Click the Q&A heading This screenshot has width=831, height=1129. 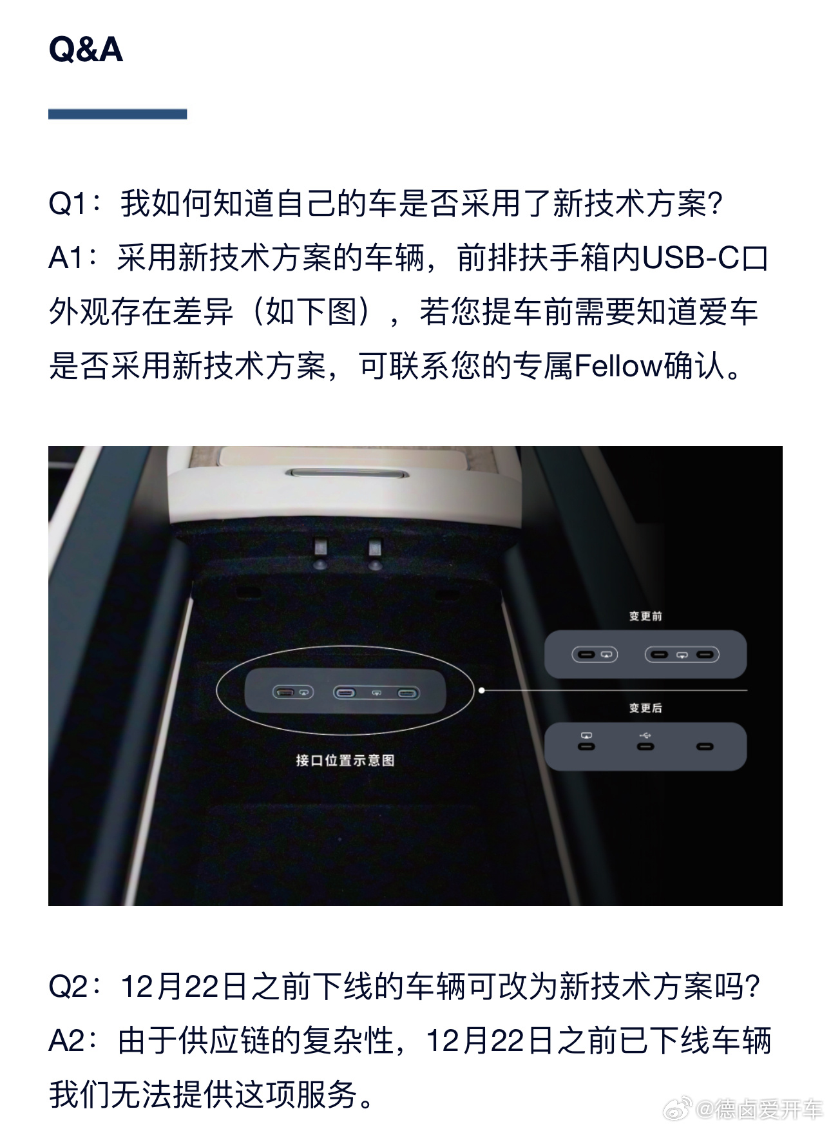click(86, 49)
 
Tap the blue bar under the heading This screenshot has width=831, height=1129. click(117, 114)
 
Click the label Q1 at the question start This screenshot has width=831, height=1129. click(68, 204)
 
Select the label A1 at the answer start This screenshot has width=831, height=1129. click(67, 258)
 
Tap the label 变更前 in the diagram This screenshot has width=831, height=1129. click(645, 616)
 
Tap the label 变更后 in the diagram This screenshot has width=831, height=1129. click(645, 708)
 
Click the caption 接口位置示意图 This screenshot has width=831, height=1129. click(345, 760)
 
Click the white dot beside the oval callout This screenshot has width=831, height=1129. click(482, 690)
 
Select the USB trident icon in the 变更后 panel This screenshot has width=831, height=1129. click(645, 734)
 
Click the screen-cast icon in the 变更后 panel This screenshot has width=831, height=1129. click(586, 735)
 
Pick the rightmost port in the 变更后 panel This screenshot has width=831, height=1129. click(705, 747)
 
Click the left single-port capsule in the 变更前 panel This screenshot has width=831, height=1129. click(595, 655)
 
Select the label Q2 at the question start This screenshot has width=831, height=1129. click(68, 987)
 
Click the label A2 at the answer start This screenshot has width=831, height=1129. click(67, 1041)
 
